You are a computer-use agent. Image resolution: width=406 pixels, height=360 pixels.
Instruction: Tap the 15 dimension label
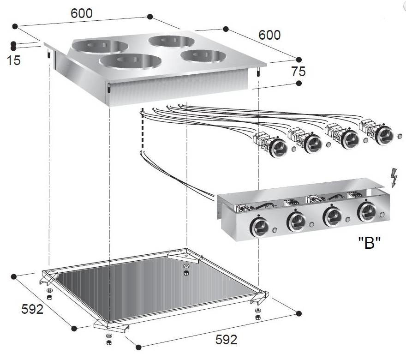[x=14, y=60]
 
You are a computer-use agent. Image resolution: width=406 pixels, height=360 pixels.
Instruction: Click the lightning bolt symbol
[x=394, y=178]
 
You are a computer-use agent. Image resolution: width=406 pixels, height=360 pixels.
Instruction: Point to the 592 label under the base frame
[x=226, y=340]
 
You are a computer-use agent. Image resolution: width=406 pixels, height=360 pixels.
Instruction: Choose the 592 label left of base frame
[x=32, y=309]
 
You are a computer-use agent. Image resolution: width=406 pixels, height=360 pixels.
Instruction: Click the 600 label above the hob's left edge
[x=82, y=13]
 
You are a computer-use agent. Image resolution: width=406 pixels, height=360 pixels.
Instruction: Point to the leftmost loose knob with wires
[x=278, y=147]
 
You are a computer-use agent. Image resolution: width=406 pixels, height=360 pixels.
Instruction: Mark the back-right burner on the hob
[x=201, y=56]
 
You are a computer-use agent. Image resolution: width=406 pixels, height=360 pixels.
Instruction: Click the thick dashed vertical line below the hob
[x=143, y=131]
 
